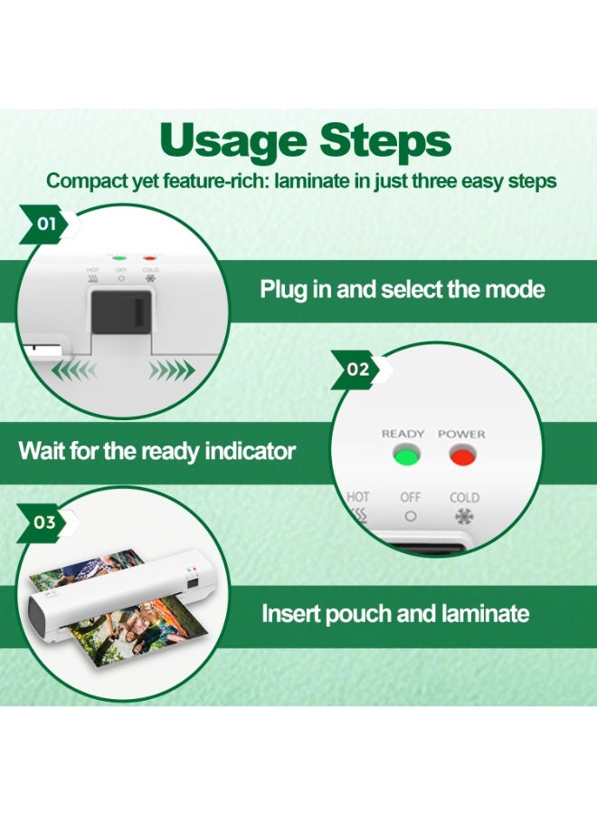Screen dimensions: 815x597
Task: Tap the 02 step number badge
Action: coord(357,369)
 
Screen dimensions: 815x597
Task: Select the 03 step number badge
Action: coord(44,523)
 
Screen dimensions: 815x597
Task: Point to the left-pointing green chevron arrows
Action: coord(75,370)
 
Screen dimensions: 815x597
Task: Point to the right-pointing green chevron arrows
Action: coord(171,370)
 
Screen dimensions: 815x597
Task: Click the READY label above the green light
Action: coord(403,434)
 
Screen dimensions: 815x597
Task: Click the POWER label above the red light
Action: coord(461,434)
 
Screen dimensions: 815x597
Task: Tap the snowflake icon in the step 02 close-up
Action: coord(464,518)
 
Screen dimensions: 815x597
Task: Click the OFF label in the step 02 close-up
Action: coord(411,497)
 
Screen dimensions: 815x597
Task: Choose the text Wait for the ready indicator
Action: coord(156,451)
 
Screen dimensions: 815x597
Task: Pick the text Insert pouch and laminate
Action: coord(394,614)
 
